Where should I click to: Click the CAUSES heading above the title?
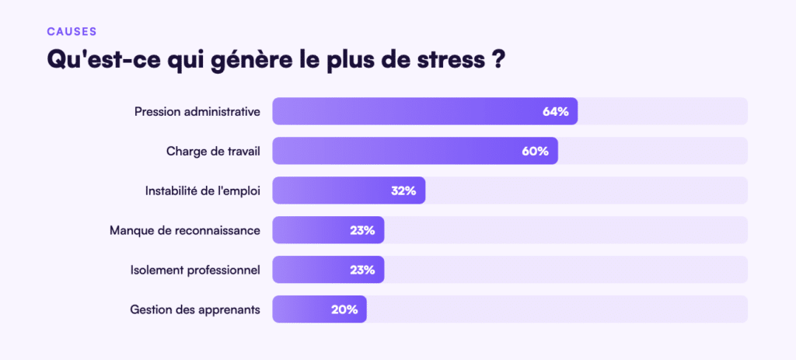[x=72, y=31]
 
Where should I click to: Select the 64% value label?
[x=555, y=111]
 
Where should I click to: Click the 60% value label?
[x=535, y=151]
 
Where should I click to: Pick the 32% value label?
[x=403, y=190]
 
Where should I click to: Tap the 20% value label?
[x=344, y=309]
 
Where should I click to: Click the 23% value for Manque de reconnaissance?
[x=361, y=230]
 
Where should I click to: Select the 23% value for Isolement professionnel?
[x=361, y=270]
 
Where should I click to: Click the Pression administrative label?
[x=197, y=111]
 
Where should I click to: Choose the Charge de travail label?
[x=213, y=151]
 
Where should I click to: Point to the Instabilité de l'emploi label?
[x=202, y=190]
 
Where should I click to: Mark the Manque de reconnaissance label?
[x=185, y=230]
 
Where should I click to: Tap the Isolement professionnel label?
[x=195, y=270]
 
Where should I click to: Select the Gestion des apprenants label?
[x=195, y=309]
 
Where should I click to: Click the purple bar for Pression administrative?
[x=404, y=111]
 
